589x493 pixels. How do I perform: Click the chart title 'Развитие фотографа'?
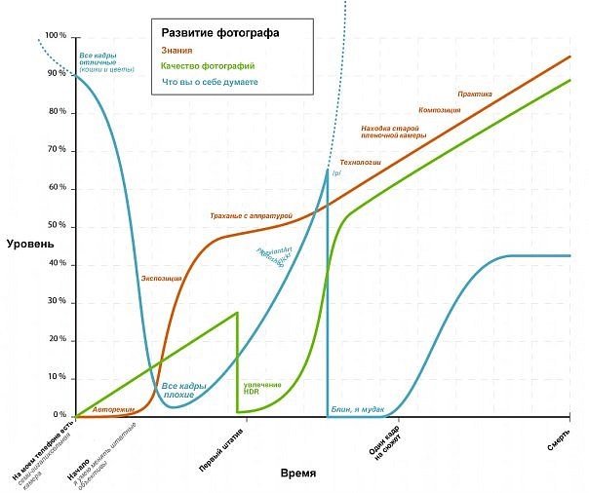tap(219, 32)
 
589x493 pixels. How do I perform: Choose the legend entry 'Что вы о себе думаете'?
tap(210, 82)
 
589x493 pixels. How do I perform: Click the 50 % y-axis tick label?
tap(58, 226)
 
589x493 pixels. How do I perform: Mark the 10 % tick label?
tap(58, 377)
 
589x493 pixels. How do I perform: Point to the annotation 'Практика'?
tap(475, 95)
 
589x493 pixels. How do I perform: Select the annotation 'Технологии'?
tap(360, 161)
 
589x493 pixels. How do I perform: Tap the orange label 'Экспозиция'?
tap(162, 278)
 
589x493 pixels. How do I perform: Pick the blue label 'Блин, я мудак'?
tap(357, 409)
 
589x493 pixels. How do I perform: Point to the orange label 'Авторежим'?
tap(113, 409)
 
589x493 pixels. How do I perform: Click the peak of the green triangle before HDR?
tap(237, 313)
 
